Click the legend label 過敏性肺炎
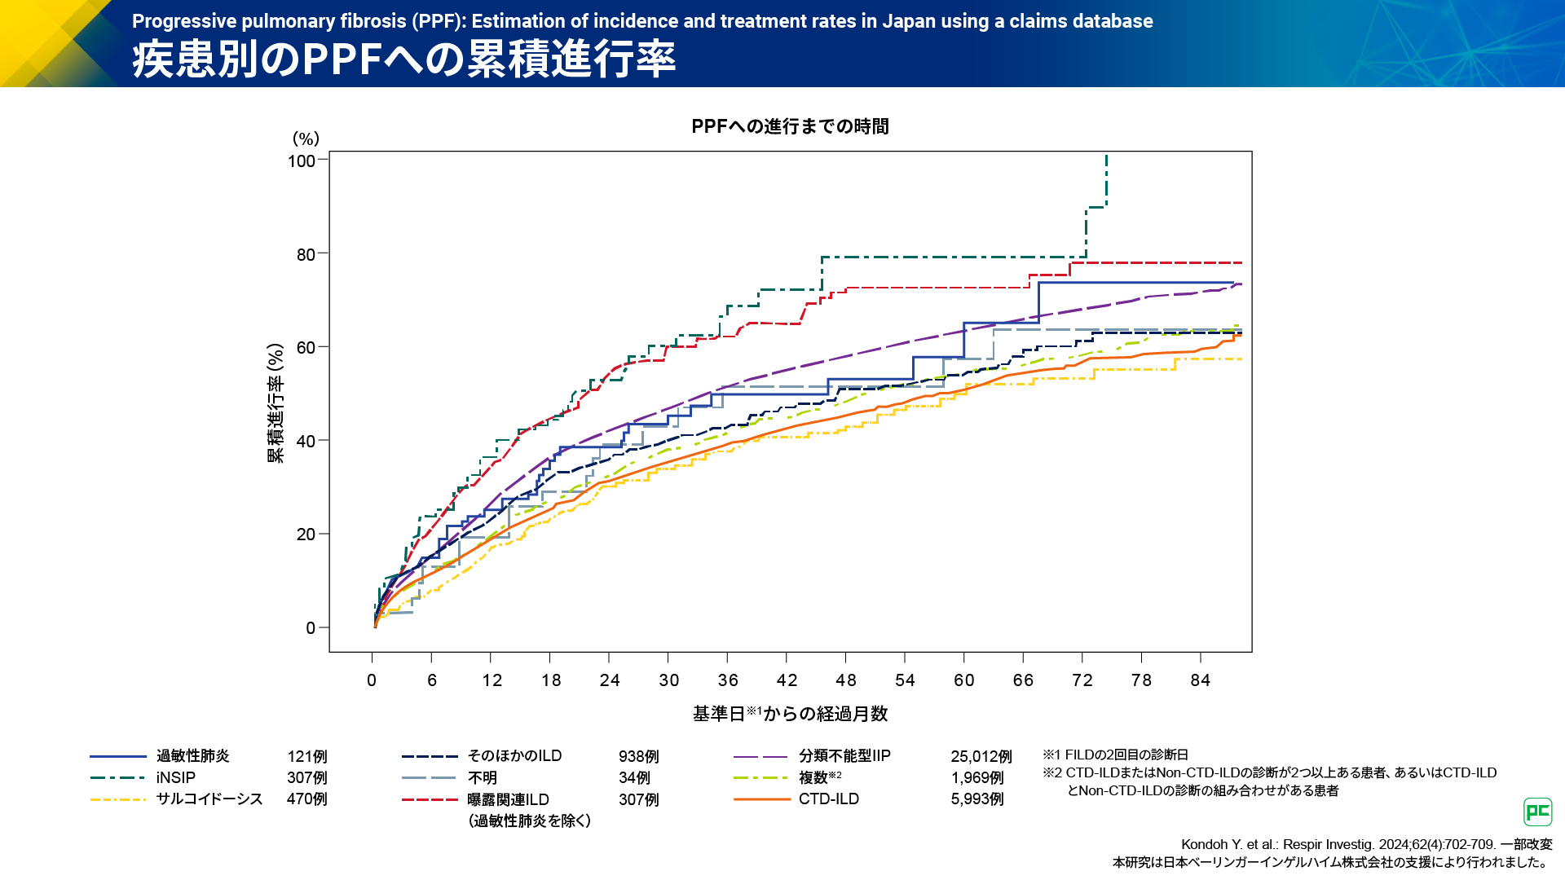click(x=193, y=756)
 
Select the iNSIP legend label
click(x=176, y=777)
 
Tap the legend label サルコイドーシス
click(x=209, y=799)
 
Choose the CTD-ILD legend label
click(x=828, y=799)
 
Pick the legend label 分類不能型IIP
click(x=844, y=756)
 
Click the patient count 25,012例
click(x=981, y=757)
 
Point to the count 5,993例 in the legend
click(x=977, y=799)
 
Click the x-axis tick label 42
click(x=787, y=680)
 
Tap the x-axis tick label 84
click(x=1200, y=680)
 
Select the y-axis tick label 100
click(x=302, y=161)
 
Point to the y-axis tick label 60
click(x=306, y=348)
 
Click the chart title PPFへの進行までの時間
click(x=790, y=126)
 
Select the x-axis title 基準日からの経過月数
click(x=790, y=714)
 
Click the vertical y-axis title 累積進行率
click(x=276, y=403)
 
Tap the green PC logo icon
click(x=1538, y=812)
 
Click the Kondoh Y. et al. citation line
click(x=1366, y=844)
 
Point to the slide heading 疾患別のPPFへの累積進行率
click(x=404, y=59)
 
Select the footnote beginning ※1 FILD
click(x=1115, y=755)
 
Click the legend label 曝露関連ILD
click(x=508, y=799)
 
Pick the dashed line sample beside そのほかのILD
click(x=430, y=757)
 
